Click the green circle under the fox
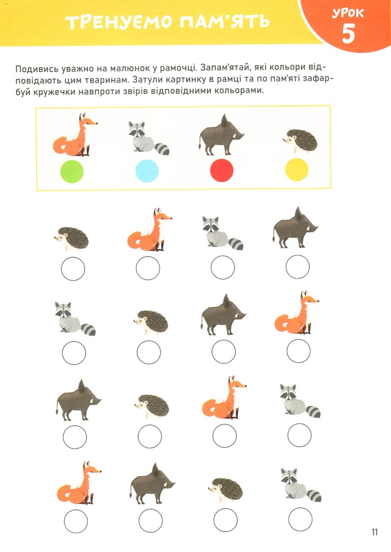point(72,171)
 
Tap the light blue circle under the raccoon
point(147,171)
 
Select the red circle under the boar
point(222,170)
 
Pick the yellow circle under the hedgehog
point(297,169)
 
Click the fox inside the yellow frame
point(75,135)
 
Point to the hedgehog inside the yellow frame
point(301,141)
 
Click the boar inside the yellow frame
point(221,135)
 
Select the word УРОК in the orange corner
point(348,14)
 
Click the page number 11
point(374,532)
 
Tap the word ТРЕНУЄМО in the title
point(118,23)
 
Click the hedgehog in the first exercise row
point(71,239)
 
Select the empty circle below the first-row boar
point(298,267)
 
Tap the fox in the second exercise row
point(297,312)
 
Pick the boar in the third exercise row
point(78,400)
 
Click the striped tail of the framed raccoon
point(162,149)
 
